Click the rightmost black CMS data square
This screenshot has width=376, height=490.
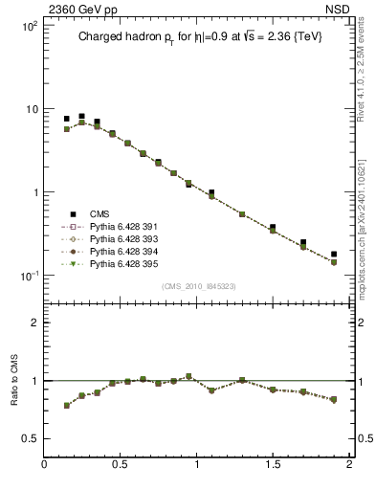(334, 255)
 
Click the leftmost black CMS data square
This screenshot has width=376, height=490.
(67, 119)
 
